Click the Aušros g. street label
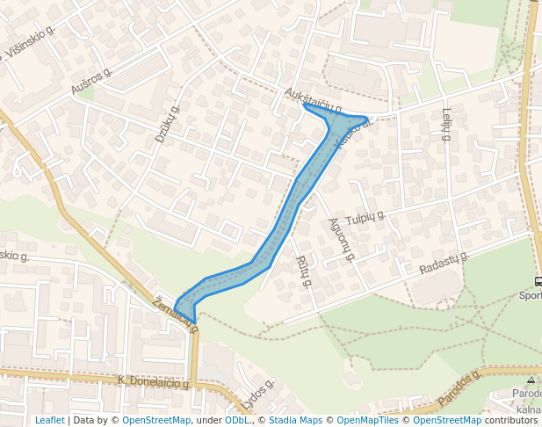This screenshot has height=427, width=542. [x=92, y=81]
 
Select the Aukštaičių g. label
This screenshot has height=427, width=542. [x=313, y=102]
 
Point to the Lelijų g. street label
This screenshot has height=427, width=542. [x=446, y=125]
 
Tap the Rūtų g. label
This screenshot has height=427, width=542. [x=305, y=271]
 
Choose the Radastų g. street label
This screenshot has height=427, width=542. [x=444, y=262]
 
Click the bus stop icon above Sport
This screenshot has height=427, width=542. [x=538, y=282]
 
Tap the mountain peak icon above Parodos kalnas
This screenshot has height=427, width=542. [x=531, y=380]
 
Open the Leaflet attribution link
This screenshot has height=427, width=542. [x=49, y=420]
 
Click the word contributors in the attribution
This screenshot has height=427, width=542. [x=511, y=420]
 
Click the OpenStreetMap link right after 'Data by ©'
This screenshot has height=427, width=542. [x=156, y=420]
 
